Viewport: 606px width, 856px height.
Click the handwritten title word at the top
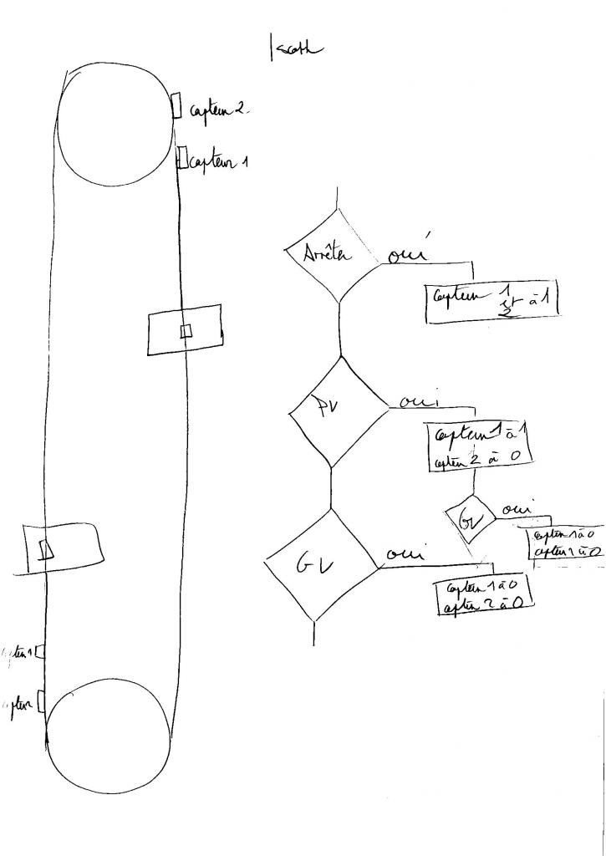tap(293, 50)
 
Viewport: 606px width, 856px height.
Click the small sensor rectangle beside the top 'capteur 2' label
tap(177, 105)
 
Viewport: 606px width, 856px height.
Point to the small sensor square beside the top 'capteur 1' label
tap(181, 159)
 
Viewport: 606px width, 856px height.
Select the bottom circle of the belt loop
tap(109, 736)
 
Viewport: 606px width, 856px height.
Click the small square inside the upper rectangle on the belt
tap(186, 331)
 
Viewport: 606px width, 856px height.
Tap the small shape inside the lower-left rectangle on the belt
tap(47, 548)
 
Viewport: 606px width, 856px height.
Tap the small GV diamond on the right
tap(469, 518)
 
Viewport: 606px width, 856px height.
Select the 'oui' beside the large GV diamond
tap(405, 553)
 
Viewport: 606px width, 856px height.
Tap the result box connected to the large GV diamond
tap(485, 596)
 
